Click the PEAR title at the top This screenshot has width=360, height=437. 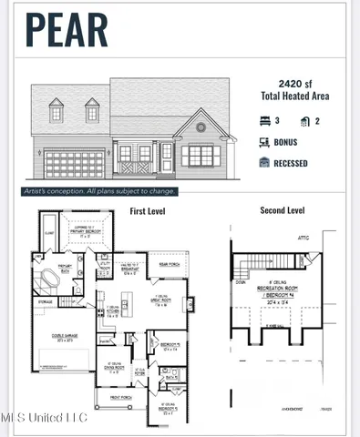[x=66, y=29]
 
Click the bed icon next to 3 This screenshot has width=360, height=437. [x=265, y=120]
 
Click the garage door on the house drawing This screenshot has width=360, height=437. [x=74, y=165]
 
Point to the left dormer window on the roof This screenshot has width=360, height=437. [x=56, y=112]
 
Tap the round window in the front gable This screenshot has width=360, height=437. [x=201, y=127]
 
